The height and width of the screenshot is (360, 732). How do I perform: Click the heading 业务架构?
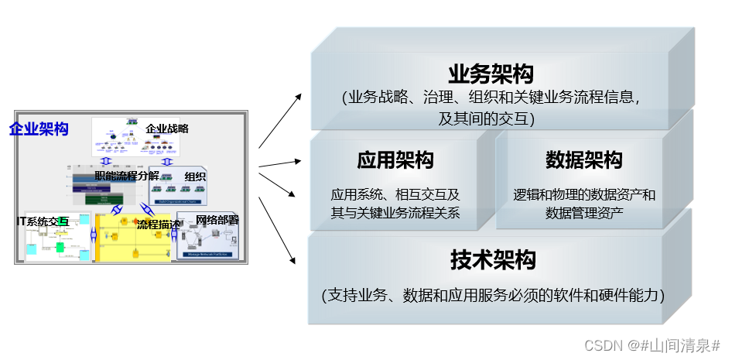point(491,74)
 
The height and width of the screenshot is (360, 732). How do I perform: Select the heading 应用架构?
point(395,160)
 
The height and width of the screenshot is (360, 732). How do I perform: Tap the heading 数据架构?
point(583,160)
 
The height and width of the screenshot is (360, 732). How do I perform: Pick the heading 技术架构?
point(492,260)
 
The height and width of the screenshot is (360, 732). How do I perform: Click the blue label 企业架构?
point(39,129)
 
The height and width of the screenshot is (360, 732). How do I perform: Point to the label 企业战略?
point(167,129)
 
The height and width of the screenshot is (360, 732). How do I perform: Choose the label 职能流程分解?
point(127,175)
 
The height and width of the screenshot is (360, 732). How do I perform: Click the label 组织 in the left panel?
point(195,177)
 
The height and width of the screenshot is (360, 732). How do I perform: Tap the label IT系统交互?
point(43,221)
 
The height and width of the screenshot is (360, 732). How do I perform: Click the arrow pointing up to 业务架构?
point(280,119)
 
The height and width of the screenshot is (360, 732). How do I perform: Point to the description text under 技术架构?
point(493,295)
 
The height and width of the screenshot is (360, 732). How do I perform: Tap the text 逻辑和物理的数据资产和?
point(583,194)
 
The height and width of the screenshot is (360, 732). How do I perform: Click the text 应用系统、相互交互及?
point(395,194)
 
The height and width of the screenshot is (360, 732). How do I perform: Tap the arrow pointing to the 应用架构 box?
point(280,163)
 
